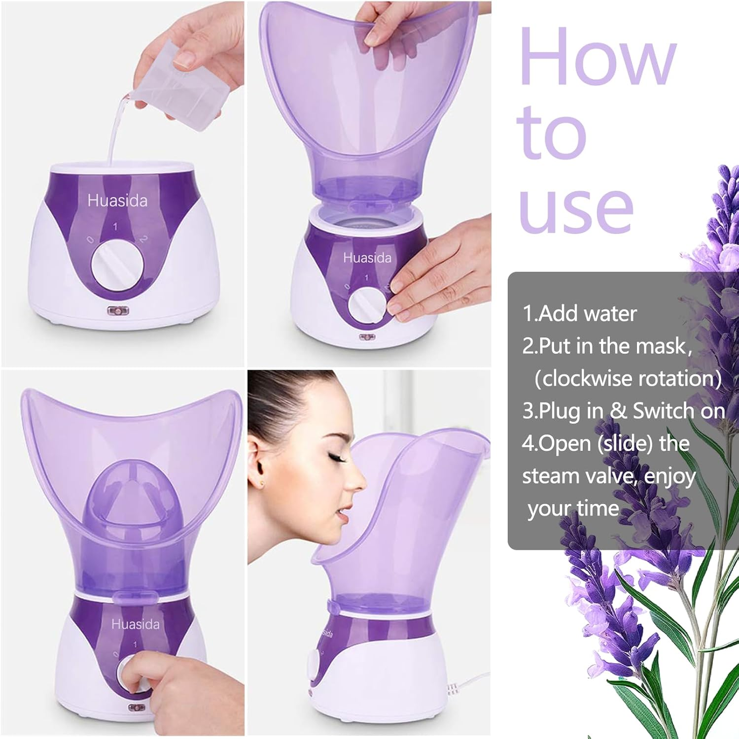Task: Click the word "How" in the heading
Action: pos(597,57)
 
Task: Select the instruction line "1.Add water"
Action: pos(580,314)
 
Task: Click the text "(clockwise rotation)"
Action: pos(628,378)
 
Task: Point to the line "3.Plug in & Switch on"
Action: pos(623,411)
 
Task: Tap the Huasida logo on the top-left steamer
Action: pos(117,201)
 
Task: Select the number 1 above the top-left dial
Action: pos(115,227)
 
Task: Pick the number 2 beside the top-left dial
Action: pos(143,239)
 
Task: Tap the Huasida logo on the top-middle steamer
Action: pos(367,258)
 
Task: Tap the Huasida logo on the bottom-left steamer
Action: pos(136,624)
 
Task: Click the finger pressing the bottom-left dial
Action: pos(136,675)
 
